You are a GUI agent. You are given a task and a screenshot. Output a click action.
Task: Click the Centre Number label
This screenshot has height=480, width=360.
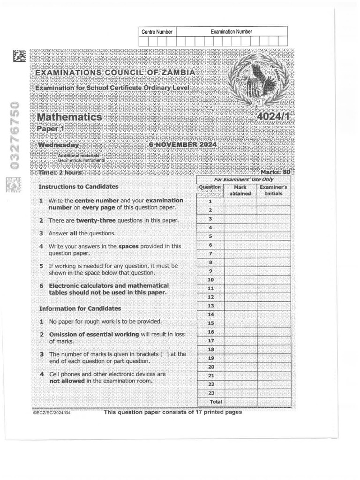click(x=157, y=32)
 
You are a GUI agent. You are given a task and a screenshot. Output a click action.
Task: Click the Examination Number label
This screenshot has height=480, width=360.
click(x=231, y=32)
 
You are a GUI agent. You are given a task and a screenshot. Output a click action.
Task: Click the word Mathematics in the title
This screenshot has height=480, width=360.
click(x=69, y=117)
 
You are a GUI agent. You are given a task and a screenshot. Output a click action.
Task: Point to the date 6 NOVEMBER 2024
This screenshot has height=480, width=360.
click(x=182, y=145)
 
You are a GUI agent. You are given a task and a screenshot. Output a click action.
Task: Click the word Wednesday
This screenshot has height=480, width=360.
click(x=58, y=145)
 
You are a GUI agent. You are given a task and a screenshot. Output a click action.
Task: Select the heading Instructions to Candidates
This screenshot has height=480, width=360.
click(x=78, y=187)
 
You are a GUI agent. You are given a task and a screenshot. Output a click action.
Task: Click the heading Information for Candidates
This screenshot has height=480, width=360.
click(x=80, y=308)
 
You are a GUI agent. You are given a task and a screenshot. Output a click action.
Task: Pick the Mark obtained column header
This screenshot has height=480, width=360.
click(x=240, y=190)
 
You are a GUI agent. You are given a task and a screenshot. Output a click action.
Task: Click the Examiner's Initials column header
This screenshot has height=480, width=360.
click(x=273, y=190)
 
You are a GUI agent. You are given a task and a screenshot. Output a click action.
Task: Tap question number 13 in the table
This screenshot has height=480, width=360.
click(x=210, y=306)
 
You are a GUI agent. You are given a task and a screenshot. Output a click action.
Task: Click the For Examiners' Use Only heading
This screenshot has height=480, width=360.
click(x=244, y=180)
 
